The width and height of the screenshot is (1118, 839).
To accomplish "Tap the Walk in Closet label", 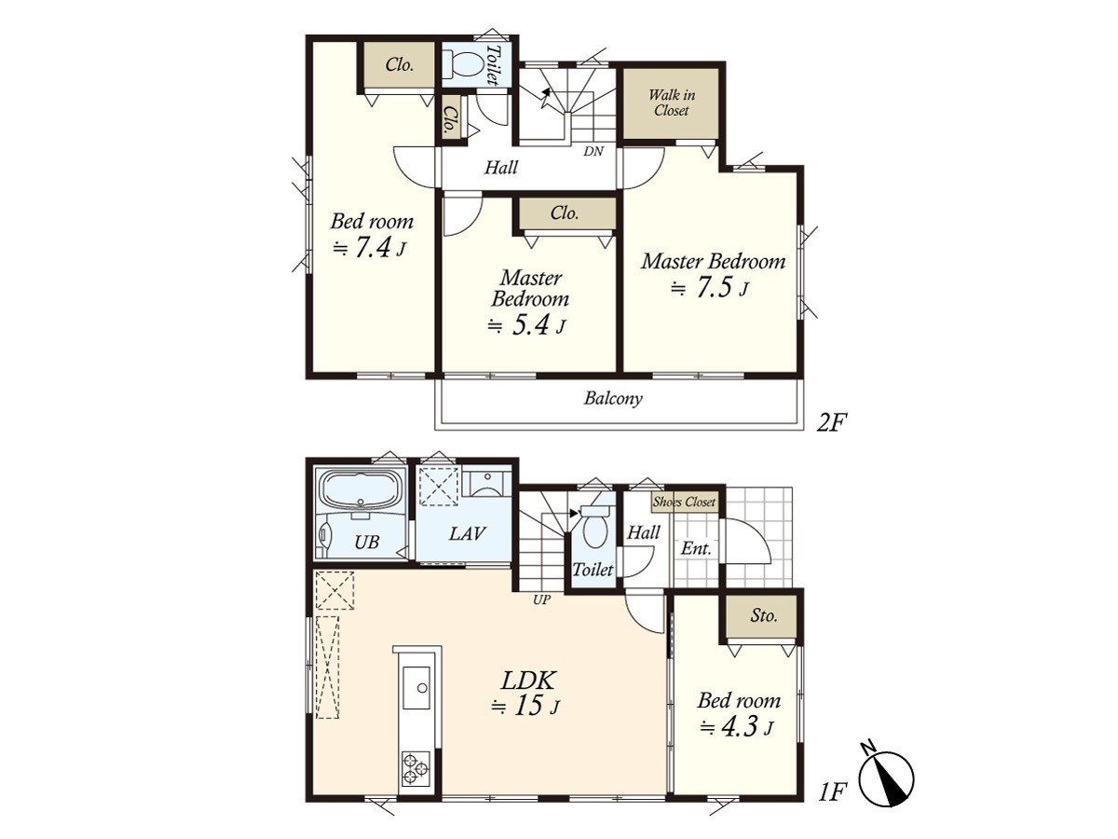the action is pyautogui.click(x=672, y=103).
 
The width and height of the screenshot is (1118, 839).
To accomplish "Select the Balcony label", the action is pyautogui.click(x=613, y=398).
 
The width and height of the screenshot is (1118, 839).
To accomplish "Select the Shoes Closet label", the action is pyautogui.click(x=684, y=502).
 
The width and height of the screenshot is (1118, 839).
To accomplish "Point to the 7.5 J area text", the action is pyautogui.click(x=710, y=289).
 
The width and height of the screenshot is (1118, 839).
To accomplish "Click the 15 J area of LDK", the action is pyautogui.click(x=525, y=707).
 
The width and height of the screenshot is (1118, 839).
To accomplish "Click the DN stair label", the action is pyautogui.click(x=593, y=151).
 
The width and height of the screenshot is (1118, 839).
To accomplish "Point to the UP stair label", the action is pyautogui.click(x=541, y=599).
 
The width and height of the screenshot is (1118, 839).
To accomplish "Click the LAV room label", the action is pyautogui.click(x=467, y=533).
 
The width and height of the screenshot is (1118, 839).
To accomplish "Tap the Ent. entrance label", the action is pyautogui.click(x=696, y=548).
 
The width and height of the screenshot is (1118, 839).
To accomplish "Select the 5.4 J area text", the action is pyautogui.click(x=526, y=325).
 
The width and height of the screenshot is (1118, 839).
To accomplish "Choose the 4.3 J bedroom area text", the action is pyautogui.click(x=737, y=727).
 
